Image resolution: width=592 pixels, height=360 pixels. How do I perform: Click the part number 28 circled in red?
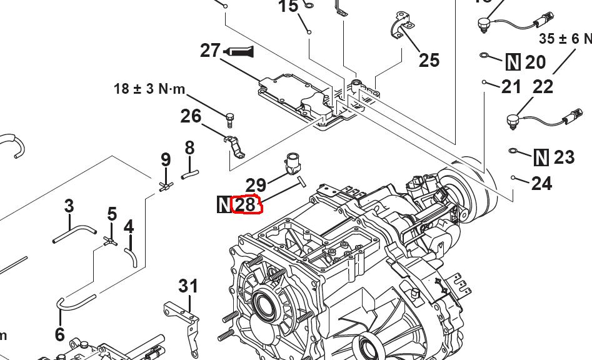(246, 204)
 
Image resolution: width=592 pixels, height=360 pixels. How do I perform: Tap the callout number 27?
(210, 50)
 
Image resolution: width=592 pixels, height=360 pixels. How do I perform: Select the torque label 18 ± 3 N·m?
(150, 89)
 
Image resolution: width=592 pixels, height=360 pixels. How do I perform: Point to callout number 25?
(429, 60)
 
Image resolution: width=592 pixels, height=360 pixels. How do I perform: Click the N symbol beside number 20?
(513, 62)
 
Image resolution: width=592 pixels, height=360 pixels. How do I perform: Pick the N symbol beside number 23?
(541, 157)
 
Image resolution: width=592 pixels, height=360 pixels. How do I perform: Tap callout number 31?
(188, 286)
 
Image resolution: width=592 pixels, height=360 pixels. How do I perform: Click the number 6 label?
(59, 334)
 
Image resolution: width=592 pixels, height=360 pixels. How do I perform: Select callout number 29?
(256, 184)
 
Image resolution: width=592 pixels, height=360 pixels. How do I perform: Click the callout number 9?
(166, 159)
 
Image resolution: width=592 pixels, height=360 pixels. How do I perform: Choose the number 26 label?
(191, 116)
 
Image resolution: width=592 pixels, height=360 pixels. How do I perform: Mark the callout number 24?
(541, 183)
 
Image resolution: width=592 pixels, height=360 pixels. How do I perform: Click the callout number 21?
(511, 86)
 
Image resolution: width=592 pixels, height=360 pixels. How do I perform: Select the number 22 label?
(543, 87)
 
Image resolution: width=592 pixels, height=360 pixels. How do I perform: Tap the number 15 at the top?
(288, 7)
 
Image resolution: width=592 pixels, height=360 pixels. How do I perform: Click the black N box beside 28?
(224, 204)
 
